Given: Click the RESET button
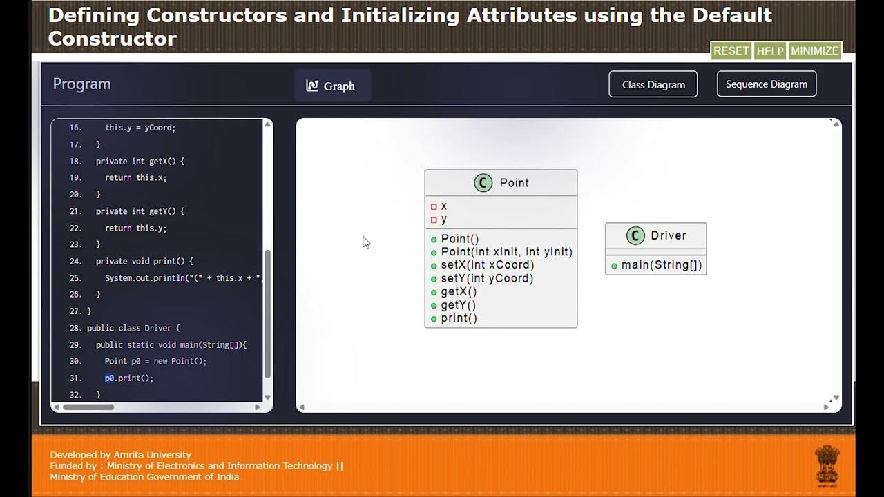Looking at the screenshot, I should [x=731, y=51].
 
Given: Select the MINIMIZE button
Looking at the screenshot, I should [x=815, y=51].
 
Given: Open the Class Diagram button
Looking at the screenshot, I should [x=653, y=84].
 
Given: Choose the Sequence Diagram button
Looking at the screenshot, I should [x=767, y=84].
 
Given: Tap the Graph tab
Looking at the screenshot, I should [x=331, y=86].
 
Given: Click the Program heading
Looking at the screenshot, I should [x=81, y=84].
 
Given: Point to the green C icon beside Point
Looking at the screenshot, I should [x=483, y=183].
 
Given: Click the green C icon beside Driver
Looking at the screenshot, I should [x=635, y=235].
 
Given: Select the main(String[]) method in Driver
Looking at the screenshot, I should [x=661, y=265].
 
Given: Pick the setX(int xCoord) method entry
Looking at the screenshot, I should [x=487, y=265].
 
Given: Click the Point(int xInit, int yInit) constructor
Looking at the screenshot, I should [x=506, y=252].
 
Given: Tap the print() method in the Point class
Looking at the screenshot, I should [x=459, y=318].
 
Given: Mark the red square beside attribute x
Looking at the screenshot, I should [x=434, y=206].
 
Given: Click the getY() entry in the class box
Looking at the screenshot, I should [x=458, y=305].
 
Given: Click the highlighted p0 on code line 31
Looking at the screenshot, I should [x=109, y=378].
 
